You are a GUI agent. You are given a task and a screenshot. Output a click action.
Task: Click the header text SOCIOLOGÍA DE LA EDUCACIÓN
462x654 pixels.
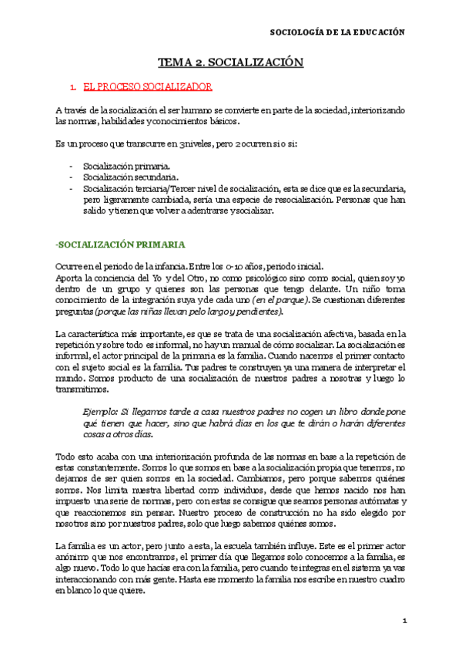coord(340,33)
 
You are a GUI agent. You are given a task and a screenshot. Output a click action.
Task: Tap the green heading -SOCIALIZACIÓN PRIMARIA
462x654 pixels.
coord(119,244)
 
